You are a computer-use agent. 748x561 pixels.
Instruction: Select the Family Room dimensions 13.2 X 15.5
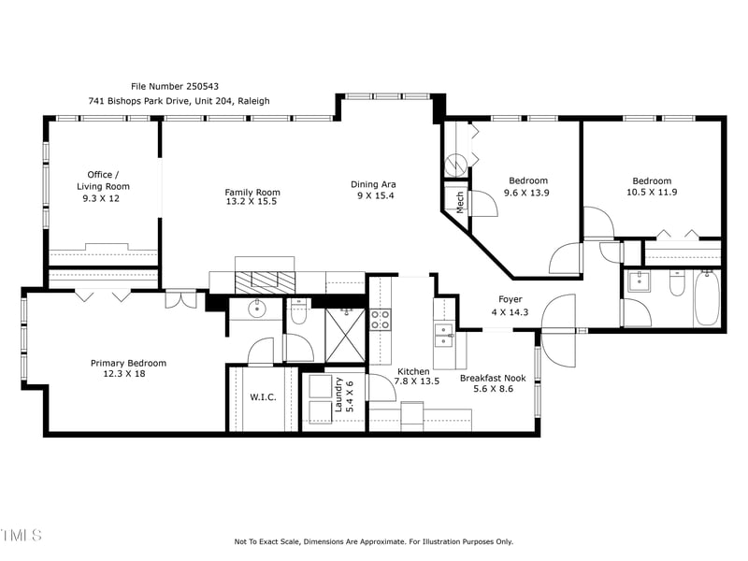[x=252, y=202]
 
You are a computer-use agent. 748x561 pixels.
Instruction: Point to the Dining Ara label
[x=373, y=184]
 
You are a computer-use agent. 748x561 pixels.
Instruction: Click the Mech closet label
[x=460, y=203]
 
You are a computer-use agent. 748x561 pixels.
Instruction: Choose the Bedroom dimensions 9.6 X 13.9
[x=528, y=192]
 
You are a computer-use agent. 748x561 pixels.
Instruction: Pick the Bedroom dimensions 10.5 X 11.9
[x=652, y=192]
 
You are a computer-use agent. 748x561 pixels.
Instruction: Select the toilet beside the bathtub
[x=678, y=283]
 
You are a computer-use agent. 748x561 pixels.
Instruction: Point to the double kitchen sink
[x=443, y=329]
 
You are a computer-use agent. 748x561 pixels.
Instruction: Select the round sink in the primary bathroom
[x=255, y=309]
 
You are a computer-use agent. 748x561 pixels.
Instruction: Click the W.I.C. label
[x=263, y=397]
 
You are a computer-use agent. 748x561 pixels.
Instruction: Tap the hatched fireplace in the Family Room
[x=265, y=282]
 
